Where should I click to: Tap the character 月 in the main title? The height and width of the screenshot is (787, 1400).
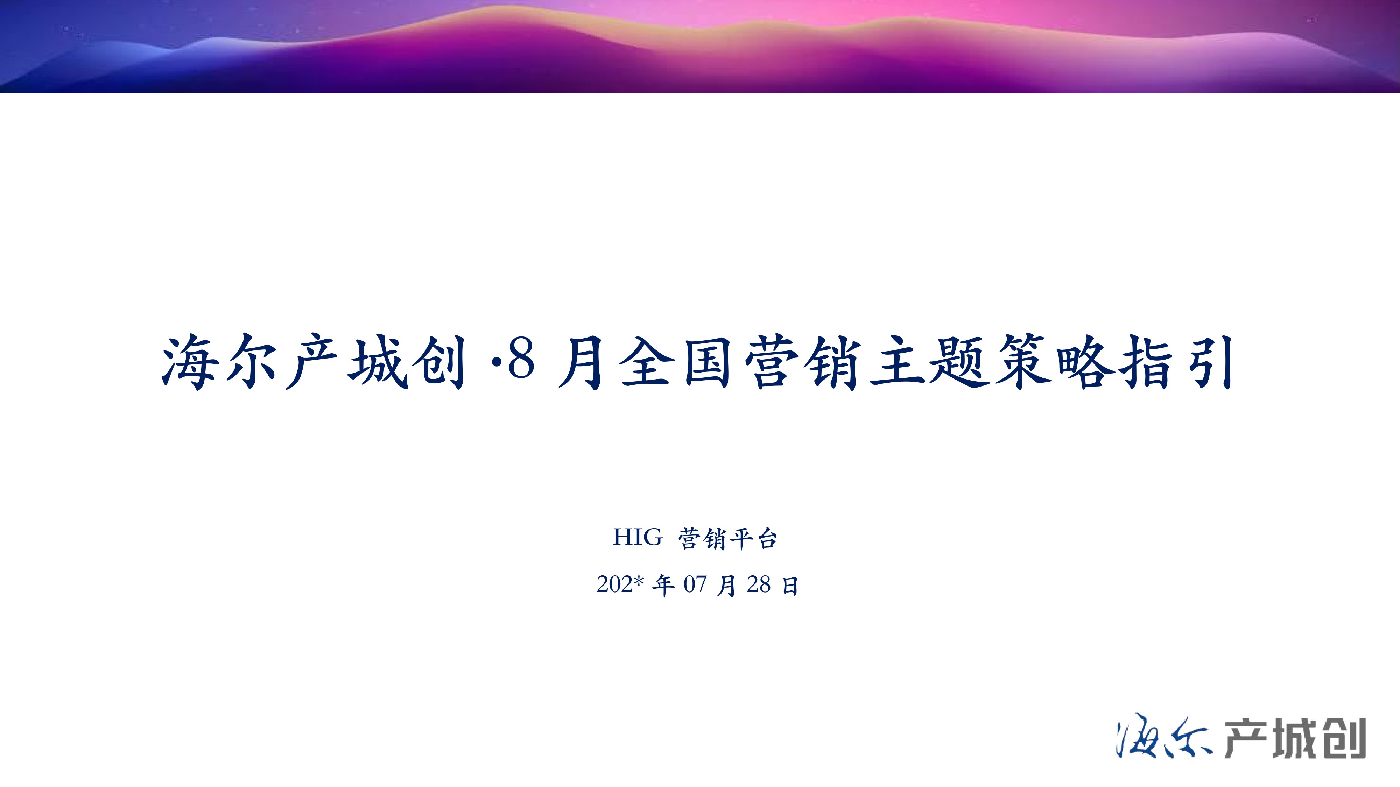pyautogui.click(x=582, y=362)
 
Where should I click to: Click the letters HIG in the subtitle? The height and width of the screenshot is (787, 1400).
pyautogui.click(x=638, y=537)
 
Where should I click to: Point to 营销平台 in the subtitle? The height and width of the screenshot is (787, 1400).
pyautogui.click(x=728, y=538)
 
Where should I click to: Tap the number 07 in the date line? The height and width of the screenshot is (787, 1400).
pyautogui.click(x=695, y=584)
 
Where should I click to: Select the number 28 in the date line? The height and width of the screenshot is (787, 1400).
pyautogui.click(x=759, y=584)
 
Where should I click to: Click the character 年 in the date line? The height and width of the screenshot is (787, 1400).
pyautogui.click(x=663, y=586)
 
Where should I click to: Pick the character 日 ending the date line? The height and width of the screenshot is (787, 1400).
pyautogui.click(x=790, y=586)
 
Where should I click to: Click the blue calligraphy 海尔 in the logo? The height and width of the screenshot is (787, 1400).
pyautogui.click(x=1163, y=738)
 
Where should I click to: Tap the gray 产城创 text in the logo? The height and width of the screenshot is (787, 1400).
pyautogui.click(x=1295, y=738)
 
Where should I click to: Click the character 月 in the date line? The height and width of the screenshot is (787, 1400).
pyautogui.click(x=727, y=586)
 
